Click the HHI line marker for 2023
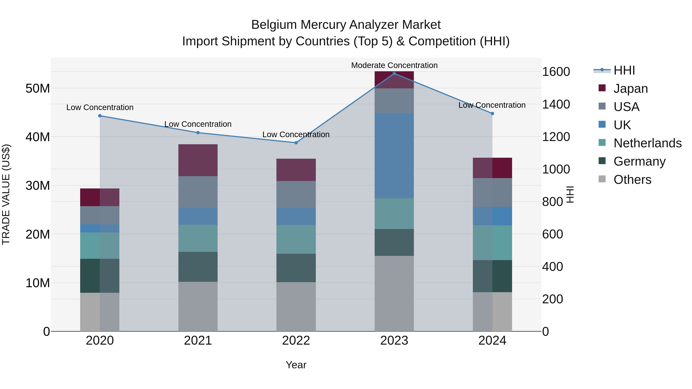click(x=394, y=73)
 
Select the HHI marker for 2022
click(x=296, y=143)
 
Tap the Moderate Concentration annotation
click(x=394, y=65)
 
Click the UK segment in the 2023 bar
click(x=394, y=156)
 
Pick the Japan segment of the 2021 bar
click(x=198, y=160)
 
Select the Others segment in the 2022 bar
click(x=296, y=307)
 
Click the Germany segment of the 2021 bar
click(x=198, y=267)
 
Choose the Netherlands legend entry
click(x=647, y=143)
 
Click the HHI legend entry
click(x=624, y=70)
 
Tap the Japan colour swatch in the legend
click(x=602, y=88)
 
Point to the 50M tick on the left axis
click(x=38, y=88)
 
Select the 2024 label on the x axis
click(x=492, y=341)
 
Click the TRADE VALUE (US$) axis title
click(x=6, y=194)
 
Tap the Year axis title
click(x=296, y=365)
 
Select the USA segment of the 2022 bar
click(x=296, y=194)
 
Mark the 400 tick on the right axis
click(x=552, y=267)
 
